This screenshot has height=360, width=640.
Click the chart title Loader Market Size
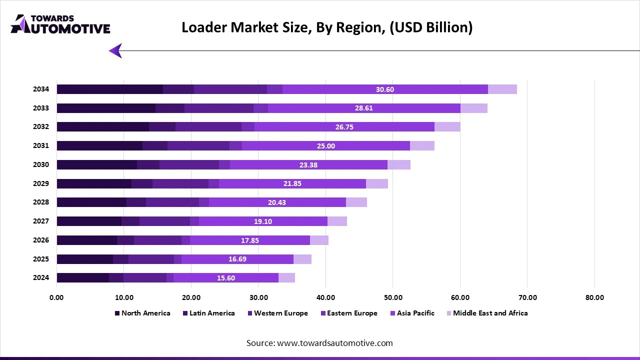pyautogui.click(x=326, y=27)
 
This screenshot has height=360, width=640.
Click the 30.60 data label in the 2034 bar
pyautogui.click(x=385, y=89)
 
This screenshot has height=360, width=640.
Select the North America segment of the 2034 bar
pyautogui.click(x=109, y=89)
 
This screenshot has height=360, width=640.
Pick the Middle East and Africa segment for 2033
pyautogui.click(x=473, y=108)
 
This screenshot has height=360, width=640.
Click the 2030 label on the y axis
pyautogui.click(x=41, y=164)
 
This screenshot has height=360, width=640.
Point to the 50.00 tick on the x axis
pyautogui.click(x=393, y=297)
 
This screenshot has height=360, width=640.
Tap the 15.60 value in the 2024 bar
pyautogui.click(x=226, y=278)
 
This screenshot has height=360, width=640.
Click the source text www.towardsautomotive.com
pyautogui.click(x=319, y=343)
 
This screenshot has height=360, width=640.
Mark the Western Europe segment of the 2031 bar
pyautogui.click(x=198, y=146)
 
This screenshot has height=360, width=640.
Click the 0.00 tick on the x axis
pyautogui.click(x=56, y=297)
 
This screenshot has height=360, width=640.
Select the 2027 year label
pyautogui.click(x=41, y=221)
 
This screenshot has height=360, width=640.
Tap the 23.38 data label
pyautogui.click(x=308, y=165)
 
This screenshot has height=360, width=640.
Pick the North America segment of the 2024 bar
pyautogui.click(x=82, y=278)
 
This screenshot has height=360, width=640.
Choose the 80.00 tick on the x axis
pyautogui.click(x=594, y=297)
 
